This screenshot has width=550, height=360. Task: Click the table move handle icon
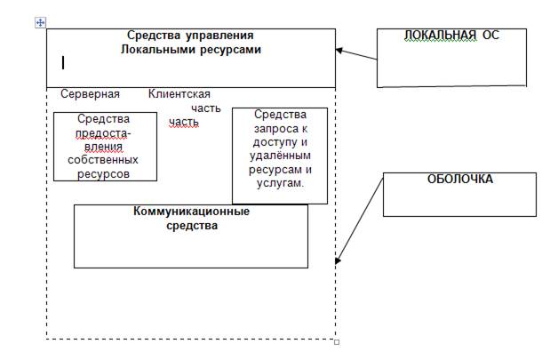click(40, 21)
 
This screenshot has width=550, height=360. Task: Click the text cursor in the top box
click(63, 62)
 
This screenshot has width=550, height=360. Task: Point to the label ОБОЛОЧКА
click(460, 179)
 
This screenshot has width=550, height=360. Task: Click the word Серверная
click(90, 94)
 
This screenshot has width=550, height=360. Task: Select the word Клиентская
click(179, 94)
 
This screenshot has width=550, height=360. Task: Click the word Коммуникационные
click(191, 212)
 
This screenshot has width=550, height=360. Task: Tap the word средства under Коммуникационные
click(191, 226)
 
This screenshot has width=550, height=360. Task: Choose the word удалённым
click(279, 156)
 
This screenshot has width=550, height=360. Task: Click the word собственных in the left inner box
click(103, 161)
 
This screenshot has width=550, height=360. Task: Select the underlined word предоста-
click(103, 133)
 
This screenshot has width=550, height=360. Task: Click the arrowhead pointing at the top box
click(339, 50)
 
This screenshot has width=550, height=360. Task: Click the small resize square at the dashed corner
click(336, 340)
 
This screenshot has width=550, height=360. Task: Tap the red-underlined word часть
click(183, 122)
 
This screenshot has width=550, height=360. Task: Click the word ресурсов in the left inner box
click(103, 174)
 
